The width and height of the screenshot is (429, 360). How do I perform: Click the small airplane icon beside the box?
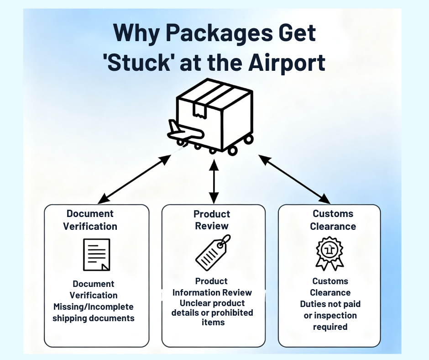(x=184, y=131)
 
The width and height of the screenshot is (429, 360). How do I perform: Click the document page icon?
(x=96, y=254)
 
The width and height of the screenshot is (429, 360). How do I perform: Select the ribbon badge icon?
(x=330, y=253)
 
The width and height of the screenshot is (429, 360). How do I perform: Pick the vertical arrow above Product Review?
(x=213, y=180)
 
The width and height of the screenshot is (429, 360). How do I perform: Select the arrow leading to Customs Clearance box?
(x=294, y=179)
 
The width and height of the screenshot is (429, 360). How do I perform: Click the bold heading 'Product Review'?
(x=212, y=220)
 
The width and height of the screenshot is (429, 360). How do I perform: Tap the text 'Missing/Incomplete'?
(x=93, y=307)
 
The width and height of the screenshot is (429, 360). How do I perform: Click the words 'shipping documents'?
(x=93, y=318)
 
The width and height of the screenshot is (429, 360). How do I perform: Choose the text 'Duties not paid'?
(x=330, y=304)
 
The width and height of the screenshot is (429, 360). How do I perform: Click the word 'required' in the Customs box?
(x=330, y=327)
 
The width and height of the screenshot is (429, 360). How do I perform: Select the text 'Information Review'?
(x=212, y=292)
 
